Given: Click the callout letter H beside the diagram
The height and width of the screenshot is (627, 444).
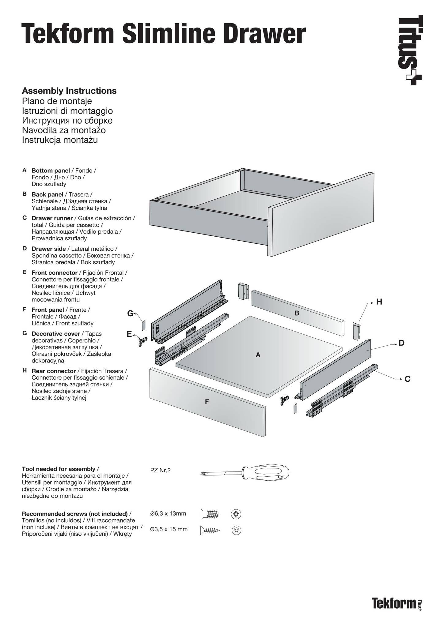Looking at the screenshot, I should [379, 302].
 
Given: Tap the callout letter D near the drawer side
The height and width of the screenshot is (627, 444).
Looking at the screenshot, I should [401, 343].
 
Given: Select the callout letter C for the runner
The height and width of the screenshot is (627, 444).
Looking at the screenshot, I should [407, 379].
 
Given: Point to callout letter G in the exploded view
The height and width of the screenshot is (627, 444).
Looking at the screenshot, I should [130, 313].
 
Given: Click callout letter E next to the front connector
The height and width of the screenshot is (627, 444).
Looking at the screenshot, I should [129, 334].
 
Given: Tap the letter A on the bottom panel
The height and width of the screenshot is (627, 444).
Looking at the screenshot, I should [258, 355].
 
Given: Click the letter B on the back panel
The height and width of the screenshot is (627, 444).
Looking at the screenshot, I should [297, 313].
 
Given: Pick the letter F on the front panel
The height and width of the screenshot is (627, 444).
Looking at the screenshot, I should [207, 402].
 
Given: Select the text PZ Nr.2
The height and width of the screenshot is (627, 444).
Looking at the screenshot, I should [160, 470].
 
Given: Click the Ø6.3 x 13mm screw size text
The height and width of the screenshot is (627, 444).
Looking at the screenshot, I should [168, 514].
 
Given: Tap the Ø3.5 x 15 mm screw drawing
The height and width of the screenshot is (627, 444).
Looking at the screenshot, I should [210, 530].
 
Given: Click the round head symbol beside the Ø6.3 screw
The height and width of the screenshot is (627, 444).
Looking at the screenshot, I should [236, 514].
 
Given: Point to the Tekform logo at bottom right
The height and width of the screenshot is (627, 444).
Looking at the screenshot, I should [394, 603].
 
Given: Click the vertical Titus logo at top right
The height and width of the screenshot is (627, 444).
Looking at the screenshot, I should [410, 49].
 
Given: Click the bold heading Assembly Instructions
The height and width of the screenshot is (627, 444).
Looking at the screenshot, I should [69, 91].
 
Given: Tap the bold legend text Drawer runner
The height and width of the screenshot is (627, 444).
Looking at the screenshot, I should [52, 218].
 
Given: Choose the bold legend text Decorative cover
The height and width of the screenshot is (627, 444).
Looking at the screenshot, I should [56, 334].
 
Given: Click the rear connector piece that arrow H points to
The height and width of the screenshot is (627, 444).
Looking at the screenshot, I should [356, 331].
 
